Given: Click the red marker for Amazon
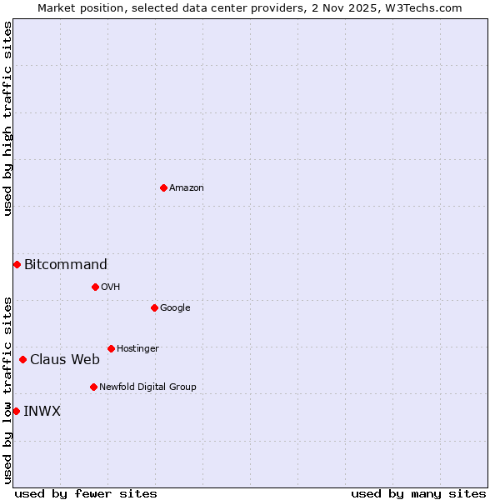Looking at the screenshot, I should pos(163,187).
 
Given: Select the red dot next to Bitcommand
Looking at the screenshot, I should pos(17,264).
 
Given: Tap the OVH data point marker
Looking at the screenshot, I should pos(95,287).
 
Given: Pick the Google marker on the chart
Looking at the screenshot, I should pos(154,307).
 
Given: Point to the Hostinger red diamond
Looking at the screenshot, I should pos(111,348).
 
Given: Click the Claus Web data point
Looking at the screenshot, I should pos(22,359).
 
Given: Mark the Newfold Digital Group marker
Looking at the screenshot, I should pos(93,387).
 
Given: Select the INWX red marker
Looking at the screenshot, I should pos(16,411).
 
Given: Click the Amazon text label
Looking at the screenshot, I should pos(186,188).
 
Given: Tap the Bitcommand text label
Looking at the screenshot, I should pos(65,265).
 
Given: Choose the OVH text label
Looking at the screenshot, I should pos(110,287).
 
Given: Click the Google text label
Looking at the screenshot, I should pos(175,308).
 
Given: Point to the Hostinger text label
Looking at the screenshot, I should pos(137,349).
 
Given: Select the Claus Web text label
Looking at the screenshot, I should pos(64,360).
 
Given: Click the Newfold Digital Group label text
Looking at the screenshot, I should pos(147,387).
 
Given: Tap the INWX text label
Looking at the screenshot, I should pos(42,412).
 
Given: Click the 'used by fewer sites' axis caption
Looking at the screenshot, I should pos(86,493).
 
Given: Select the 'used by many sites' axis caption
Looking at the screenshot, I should pos(417,493).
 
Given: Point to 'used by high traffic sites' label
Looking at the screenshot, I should pos(7,118).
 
